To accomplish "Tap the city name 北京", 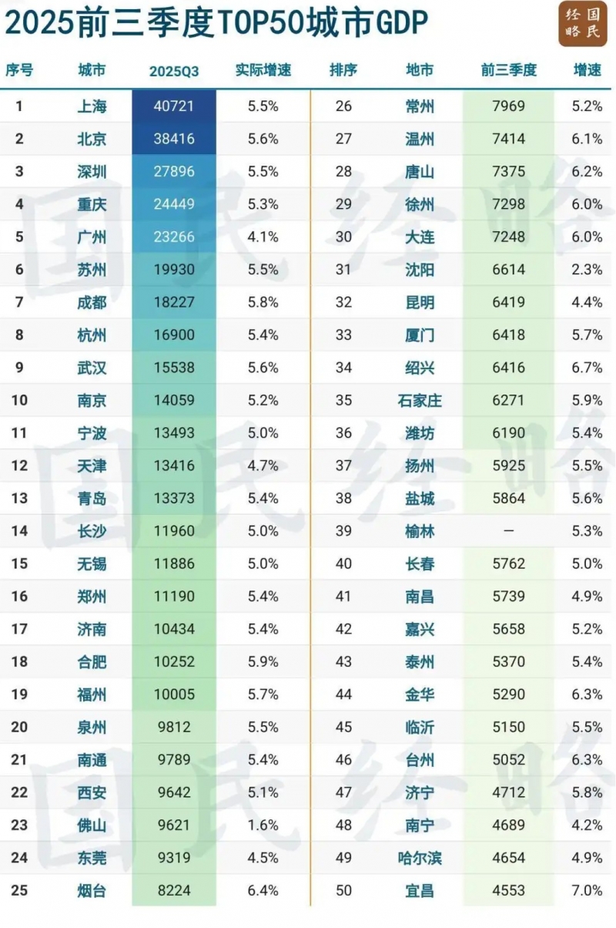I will tap(92, 140).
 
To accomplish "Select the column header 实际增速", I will tap(263, 70).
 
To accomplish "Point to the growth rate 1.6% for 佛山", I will tap(263, 825).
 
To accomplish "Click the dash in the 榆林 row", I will tap(508, 531).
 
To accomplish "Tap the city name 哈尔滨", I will tap(420, 858).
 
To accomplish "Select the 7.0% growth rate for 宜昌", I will tap(588, 890).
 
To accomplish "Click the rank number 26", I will tap(343, 106).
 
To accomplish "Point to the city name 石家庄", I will tap(420, 401).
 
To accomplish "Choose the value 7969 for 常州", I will tap(508, 106).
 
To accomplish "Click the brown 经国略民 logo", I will tap(582, 24).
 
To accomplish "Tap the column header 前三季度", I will tap(508, 70).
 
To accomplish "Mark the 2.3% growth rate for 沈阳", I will tap(588, 270).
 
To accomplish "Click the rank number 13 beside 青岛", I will tap(19, 498).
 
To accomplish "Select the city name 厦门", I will tap(420, 335).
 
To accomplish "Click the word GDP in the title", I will tap(400, 23).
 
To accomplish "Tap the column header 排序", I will tap(343, 70).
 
